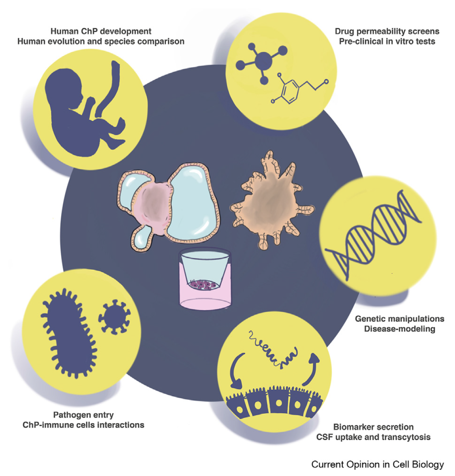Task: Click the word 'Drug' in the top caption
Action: [344, 31]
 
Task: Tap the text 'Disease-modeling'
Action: [400, 329]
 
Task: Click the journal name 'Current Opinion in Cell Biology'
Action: [377, 464]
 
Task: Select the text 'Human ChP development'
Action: [101, 31]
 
